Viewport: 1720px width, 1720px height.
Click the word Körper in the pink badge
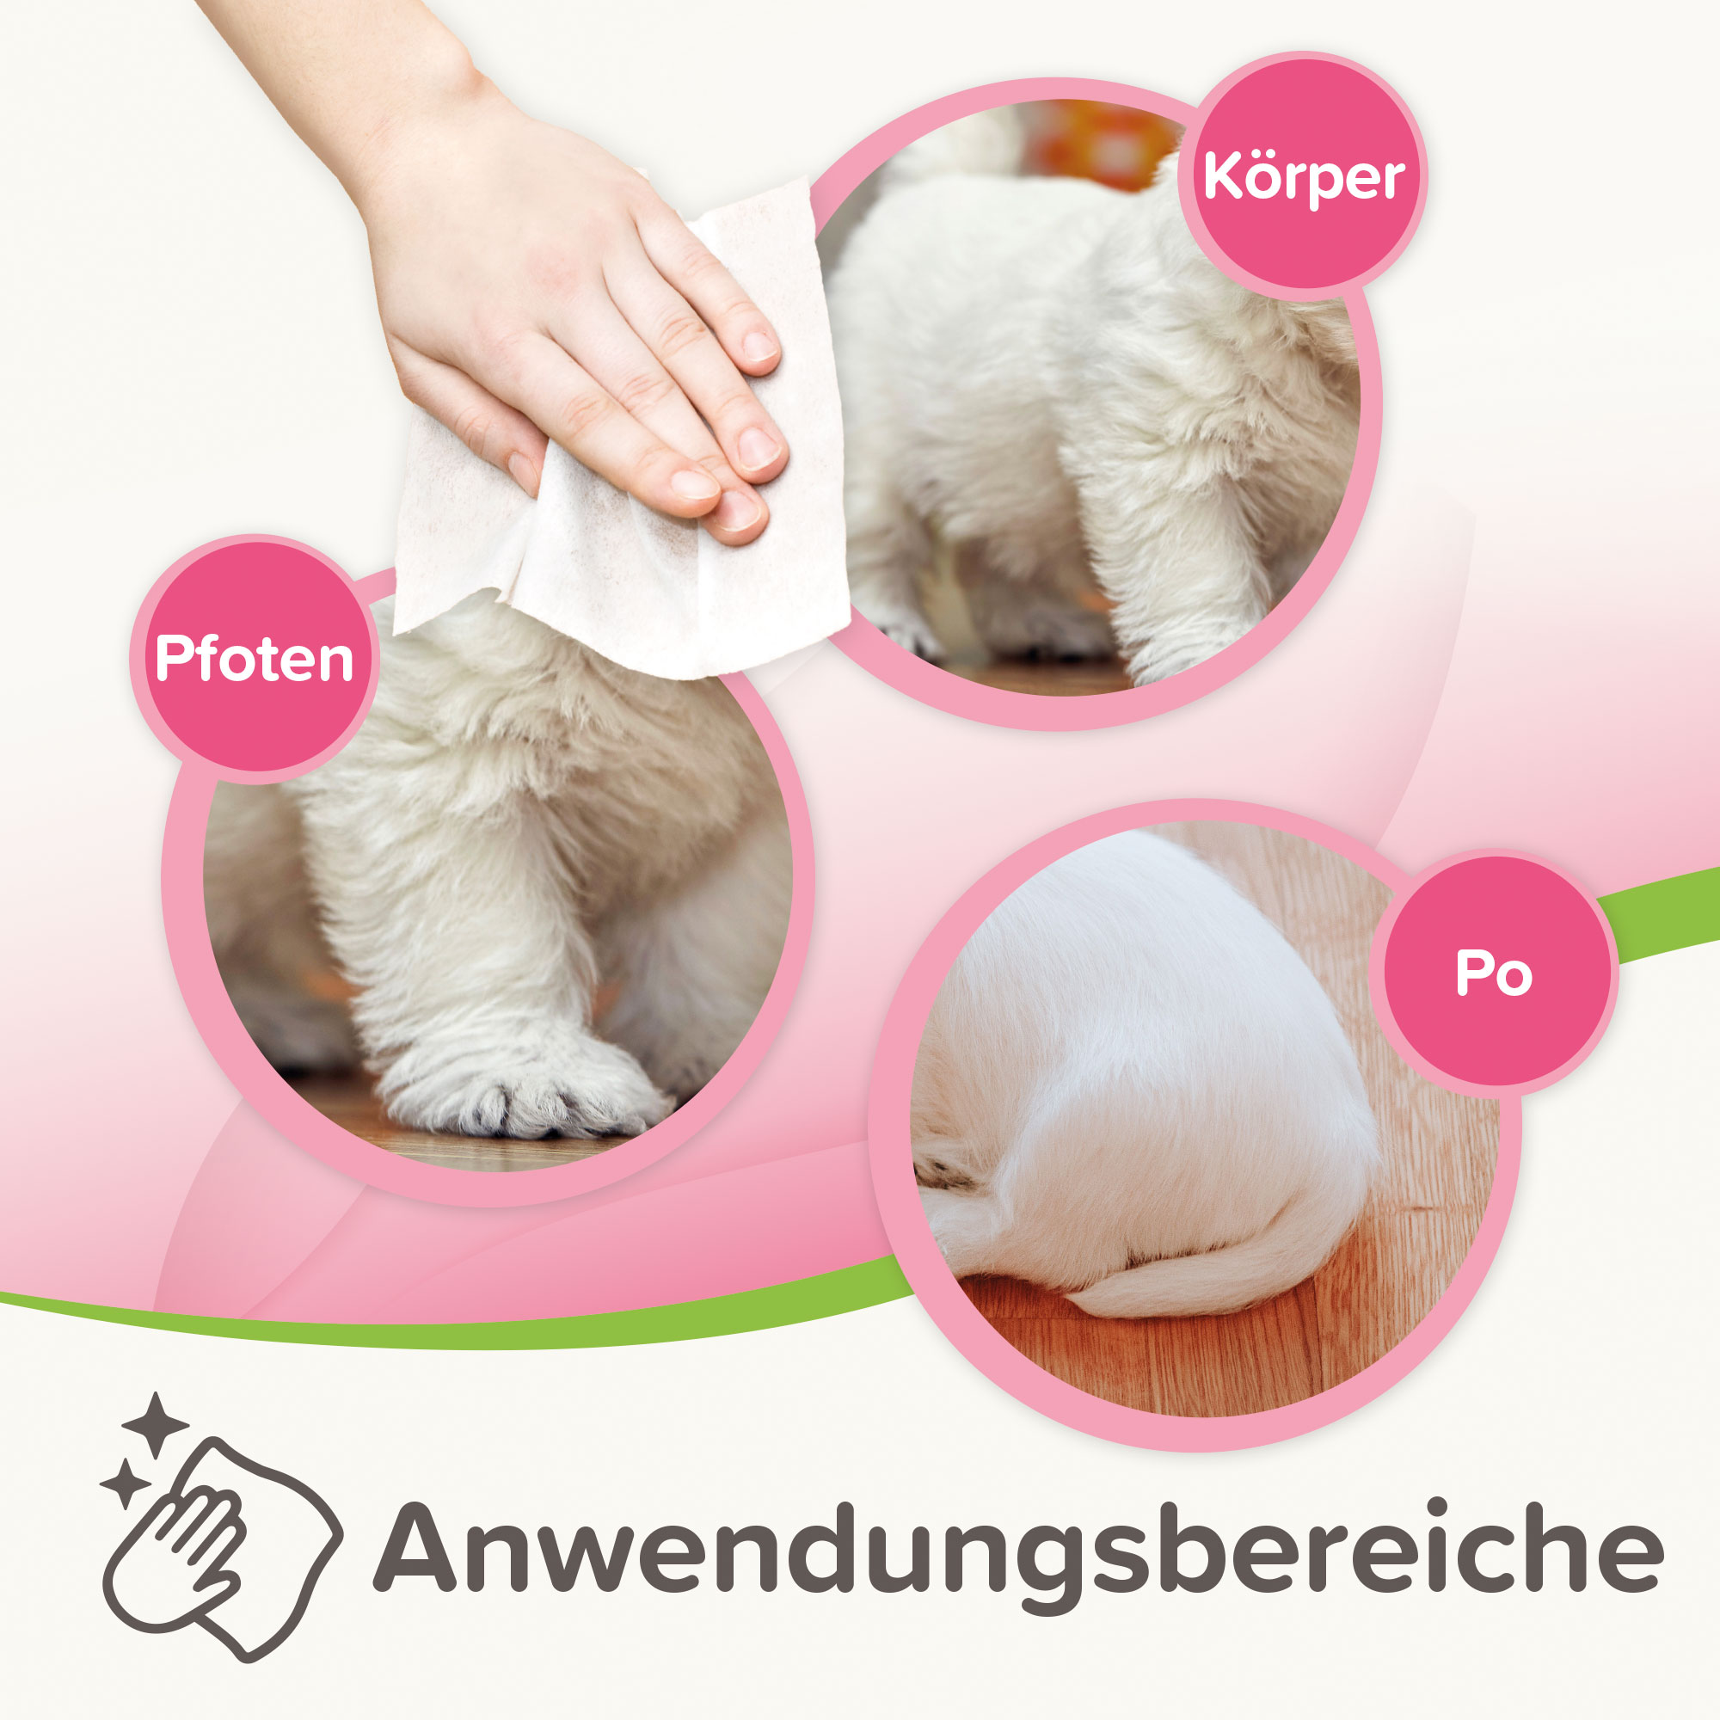(x=1304, y=178)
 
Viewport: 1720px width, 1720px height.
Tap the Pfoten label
(x=255, y=659)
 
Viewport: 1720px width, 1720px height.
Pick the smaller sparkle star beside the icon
(x=125, y=1483)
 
